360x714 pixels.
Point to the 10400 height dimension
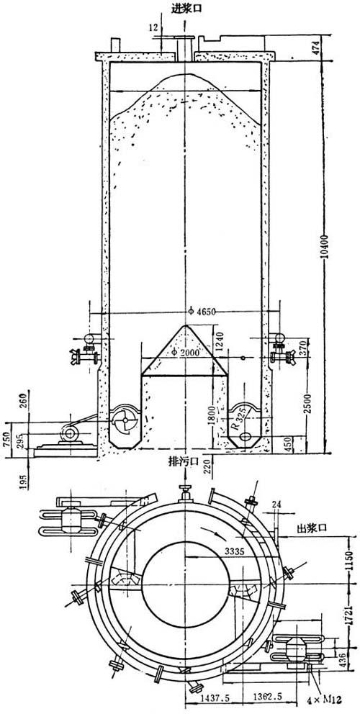point(323,250)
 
